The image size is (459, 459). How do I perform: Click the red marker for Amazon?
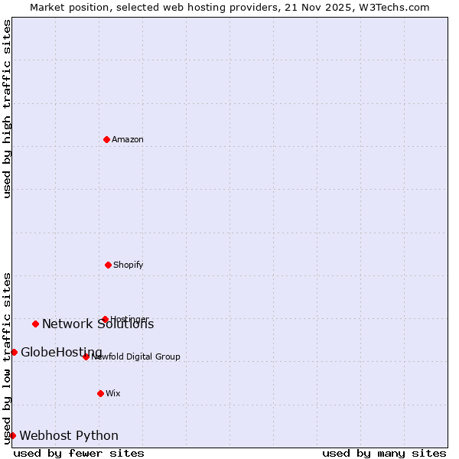coord(106,139)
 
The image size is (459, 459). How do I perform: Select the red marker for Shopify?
coord(108,265)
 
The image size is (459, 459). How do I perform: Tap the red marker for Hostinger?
coord(105,319)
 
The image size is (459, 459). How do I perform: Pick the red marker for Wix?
coord(100,393)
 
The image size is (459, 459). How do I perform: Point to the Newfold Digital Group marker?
coord(86,356)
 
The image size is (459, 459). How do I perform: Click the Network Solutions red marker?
coord(35,324)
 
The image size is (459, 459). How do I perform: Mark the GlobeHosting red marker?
coord(14,352)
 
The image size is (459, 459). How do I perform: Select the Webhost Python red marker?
coord(12,435)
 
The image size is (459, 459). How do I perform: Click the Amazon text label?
coord(128,139)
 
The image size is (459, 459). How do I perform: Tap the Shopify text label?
coord(129,265)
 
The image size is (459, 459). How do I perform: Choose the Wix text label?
coord(113,393)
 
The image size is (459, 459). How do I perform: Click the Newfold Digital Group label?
coord(136,356)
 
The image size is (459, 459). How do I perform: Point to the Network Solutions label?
coord(98,324)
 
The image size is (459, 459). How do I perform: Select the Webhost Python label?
coord(69,436)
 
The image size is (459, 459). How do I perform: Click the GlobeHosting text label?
coord(61,353)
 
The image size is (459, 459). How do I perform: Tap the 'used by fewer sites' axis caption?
coord(79,453)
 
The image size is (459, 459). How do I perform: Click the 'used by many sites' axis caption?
coord(384,453)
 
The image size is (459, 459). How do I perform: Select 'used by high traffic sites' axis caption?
coord(7,109)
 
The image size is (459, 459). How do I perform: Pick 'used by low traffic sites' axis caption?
coord(7,357)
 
